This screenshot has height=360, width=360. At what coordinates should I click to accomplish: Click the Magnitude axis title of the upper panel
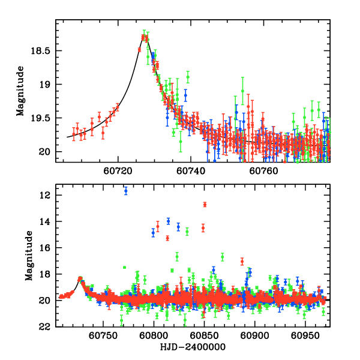pos(20,91)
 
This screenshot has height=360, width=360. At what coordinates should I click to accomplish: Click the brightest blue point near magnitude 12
pos(126,191)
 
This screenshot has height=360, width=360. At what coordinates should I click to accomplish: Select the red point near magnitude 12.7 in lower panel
pos(205,205)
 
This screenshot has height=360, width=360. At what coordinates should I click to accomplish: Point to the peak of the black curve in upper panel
pos(145,37)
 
